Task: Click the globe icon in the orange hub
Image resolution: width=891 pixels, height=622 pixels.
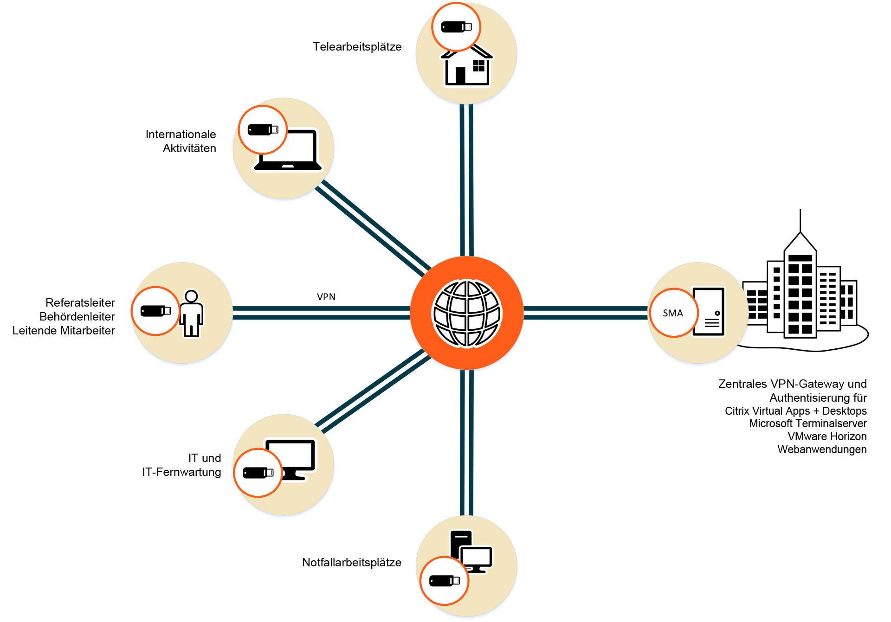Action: pyautogui.click(x=467, y=313)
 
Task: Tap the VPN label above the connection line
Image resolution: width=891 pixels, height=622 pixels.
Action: pyautogui.click(x=326, y=297)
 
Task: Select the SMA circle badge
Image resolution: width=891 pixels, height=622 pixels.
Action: pyautogui.click(x=673, y=313)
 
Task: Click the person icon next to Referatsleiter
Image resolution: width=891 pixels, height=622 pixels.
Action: pyautogui.click(x=192, y=314)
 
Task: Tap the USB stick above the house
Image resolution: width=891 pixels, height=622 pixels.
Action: pyautogui.click(x=456, y=27)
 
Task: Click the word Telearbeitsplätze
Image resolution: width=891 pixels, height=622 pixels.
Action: pyautogui.click(x=357, y=47)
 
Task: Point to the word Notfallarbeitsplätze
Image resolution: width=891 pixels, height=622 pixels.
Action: pyautogui.click(x=351, y=563)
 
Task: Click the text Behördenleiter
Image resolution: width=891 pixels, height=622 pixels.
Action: pyautogui.click(x=77, y=317)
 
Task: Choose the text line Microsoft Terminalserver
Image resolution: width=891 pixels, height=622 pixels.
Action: pyautogui.click(x=807, y=423)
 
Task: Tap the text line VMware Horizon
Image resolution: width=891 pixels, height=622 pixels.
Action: pyautogui.click(x=827, y=436)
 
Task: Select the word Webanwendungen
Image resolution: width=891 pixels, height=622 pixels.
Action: pyautogui.click(x=822, y=449)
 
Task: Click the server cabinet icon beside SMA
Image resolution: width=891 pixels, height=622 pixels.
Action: pyautogui.click(x=709, y=312)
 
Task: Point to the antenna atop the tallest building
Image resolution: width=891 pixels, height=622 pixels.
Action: pyautogui.click(x=800, y=221)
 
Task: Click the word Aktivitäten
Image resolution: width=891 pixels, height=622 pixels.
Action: pyautogui.click(x=189, y=148)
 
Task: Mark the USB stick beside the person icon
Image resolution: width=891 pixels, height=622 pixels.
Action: pyautogui.click(x=155, y=311)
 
